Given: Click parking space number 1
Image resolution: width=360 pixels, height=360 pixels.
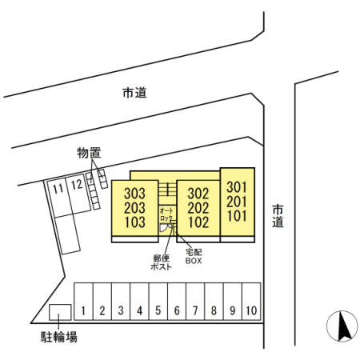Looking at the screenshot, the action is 83,302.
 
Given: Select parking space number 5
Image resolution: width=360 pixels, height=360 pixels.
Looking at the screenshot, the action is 158,302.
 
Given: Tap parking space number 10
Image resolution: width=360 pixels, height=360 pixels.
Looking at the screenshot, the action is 251,302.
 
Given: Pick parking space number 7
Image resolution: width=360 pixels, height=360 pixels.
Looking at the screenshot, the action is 195,302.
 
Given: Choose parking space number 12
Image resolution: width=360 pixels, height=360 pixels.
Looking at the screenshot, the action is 78,194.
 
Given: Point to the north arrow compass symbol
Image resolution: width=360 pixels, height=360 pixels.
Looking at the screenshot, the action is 342,326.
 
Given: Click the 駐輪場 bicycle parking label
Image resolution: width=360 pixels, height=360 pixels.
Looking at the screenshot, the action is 59,337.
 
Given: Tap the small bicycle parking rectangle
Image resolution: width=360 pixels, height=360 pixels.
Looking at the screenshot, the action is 60,312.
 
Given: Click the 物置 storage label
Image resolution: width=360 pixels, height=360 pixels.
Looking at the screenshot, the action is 89,153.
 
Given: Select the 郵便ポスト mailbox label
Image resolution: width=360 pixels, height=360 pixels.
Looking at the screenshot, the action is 161,262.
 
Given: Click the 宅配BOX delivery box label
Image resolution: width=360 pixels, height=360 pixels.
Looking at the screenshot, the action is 194,257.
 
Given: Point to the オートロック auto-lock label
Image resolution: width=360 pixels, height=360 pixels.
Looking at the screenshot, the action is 166,215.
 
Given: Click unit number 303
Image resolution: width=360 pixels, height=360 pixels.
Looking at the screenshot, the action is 135,194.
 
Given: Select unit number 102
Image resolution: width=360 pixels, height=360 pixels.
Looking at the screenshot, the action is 198,222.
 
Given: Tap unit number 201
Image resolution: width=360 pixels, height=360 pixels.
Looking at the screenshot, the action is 237,202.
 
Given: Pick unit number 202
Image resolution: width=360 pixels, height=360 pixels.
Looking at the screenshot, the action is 198,208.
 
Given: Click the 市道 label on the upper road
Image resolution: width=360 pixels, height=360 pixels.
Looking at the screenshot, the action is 134,93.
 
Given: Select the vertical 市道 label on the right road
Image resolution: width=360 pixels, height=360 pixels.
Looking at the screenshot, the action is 278,216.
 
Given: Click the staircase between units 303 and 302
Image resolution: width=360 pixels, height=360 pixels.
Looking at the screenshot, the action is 167,192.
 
